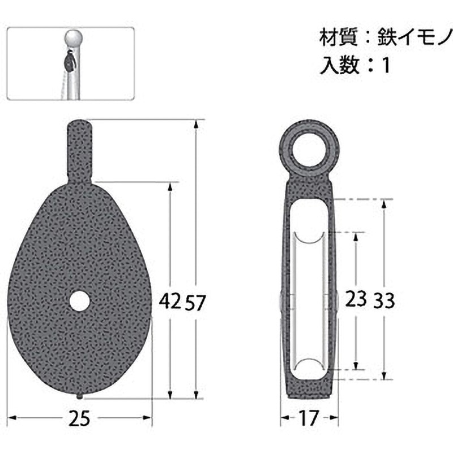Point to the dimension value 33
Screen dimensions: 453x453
(383, 300)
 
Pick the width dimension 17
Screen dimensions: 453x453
(309, 419)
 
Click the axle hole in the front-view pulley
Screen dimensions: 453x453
(80, 301)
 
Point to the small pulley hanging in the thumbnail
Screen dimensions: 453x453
(68, 61)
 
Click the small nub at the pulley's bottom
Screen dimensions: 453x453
(80, 396)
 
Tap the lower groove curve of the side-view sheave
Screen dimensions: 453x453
(309, 362)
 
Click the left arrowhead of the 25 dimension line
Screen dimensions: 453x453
(12, 419)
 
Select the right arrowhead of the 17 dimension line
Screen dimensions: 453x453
(336, 419)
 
